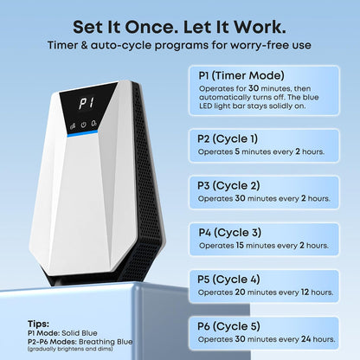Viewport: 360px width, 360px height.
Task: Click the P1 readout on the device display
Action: [x=87, y=103]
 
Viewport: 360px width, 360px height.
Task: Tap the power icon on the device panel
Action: [x=83, y=125]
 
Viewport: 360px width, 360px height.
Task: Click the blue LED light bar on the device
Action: [x=82, y=133]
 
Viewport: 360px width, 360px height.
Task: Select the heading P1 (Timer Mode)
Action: [x=241, y=75]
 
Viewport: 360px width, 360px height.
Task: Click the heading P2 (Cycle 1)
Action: [x=228, y=139]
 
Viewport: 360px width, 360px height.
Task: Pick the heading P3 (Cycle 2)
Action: [x=228, y=186]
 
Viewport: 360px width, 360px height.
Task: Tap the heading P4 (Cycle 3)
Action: [x=230, y=233]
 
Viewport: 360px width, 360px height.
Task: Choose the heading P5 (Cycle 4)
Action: [x=228, y=280]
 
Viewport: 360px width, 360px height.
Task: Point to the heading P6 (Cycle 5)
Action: [x=228, y=326]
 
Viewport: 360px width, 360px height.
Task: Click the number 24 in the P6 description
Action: [x=306, y=339]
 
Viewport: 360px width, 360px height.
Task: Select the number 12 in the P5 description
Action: [x=305, y=292]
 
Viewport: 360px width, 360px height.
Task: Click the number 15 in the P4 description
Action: [x=240, y=245]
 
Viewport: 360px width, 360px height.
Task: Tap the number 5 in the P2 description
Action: [x=237, y=151]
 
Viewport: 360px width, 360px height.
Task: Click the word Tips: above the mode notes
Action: [x=38, y=324]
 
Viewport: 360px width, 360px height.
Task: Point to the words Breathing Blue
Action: [x=106, y=342]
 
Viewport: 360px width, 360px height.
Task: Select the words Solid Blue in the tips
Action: [x=80, y=333]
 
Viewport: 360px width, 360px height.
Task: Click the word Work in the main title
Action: [x=260, y=27]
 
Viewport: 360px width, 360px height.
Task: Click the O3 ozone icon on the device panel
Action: [x=94, y=124]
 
